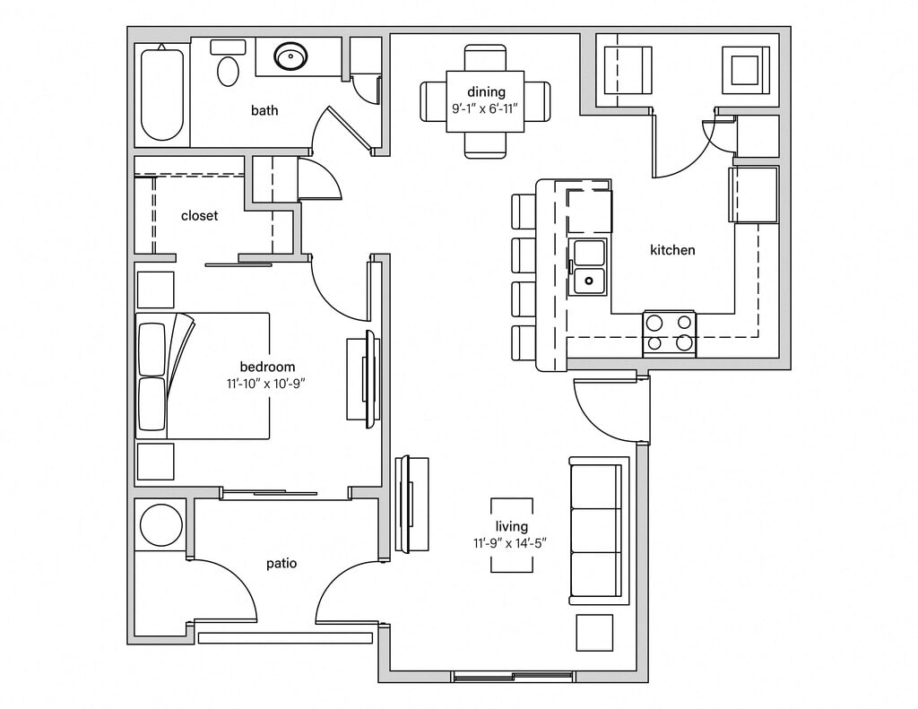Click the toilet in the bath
coord(229,65)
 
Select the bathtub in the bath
coord(162,93)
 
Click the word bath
coord(264,110)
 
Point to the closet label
coord(199,215)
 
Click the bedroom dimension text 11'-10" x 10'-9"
coord(267,383)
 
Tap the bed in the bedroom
coord(204,376)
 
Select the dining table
coord(485,101)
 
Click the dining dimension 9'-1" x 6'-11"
coord(485,108)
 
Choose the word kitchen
coord(672,250)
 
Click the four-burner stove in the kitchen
coord(669,333)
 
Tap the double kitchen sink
coord(588,266)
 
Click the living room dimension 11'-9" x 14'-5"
coord(511,542)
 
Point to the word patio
coord(281,563)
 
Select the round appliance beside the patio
coord(161,524)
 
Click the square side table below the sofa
coord(593,632)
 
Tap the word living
coord(512,526)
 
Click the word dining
coord(486,91)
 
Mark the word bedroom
coord(267,367)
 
